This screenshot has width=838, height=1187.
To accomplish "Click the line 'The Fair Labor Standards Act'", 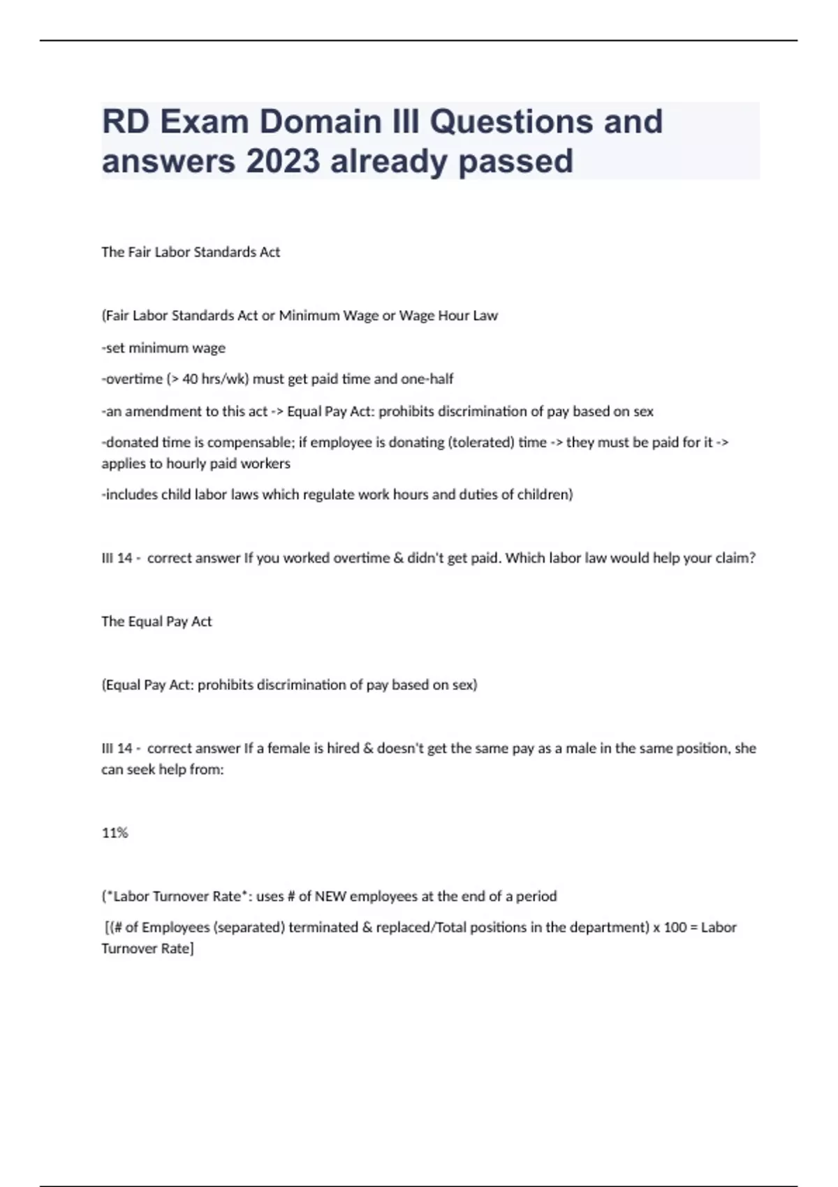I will [x=191, y=252].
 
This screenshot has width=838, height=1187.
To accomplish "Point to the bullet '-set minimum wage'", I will [x=163, y=348].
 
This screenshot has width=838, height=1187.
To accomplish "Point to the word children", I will [x=543, y=495].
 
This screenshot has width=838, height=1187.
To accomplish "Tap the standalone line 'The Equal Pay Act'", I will [x=156, y=621].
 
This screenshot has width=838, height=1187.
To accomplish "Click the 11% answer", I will [x=115, y=833].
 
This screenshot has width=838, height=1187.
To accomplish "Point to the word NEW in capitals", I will [x=330, y=897].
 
